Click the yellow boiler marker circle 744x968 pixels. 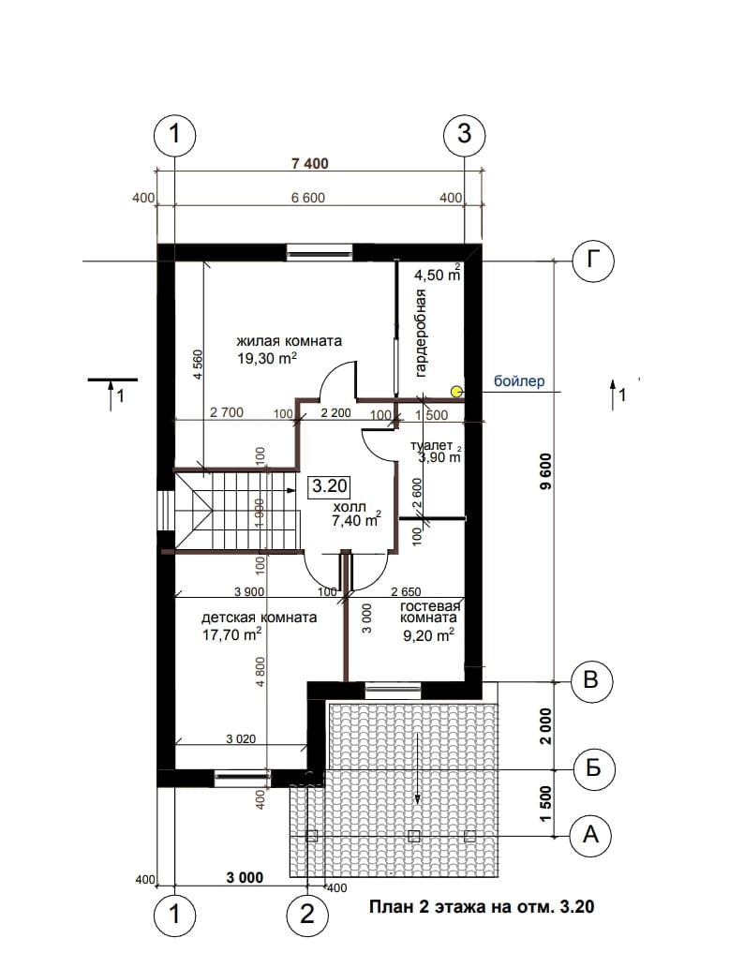(455, 391)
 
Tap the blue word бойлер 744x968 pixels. (519, 380)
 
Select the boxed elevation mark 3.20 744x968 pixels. (330, 486)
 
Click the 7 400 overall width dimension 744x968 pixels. (310, 164)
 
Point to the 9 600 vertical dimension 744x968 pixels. (545, 471)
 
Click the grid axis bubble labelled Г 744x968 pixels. (593, 261)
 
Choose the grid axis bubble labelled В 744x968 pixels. (591, 681)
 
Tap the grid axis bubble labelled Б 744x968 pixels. (593, 769)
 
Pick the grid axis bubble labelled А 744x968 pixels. (591, 835)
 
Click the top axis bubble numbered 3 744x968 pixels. (465, 133)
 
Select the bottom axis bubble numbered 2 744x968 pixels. (307, 913)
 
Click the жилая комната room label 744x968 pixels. (290, 341)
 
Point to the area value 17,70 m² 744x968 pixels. (231, 634)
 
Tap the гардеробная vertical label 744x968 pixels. (421, 333)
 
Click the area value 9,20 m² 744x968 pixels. (428, 634)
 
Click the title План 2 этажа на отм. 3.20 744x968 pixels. (482, 907)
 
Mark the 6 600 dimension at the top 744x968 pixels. (308, 198)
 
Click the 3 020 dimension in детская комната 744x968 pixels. (241, 739)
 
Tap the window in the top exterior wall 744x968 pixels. (320, 252)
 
